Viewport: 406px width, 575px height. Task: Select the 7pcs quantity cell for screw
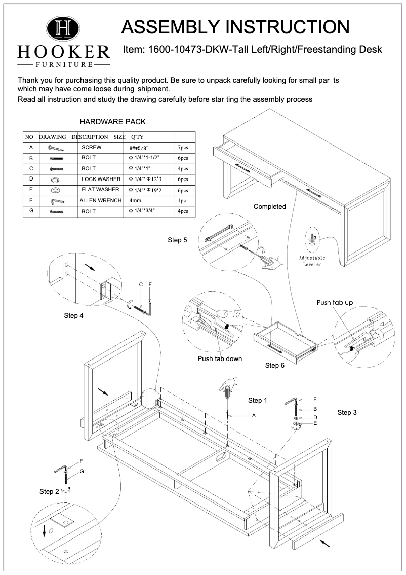click(x=182, y=147)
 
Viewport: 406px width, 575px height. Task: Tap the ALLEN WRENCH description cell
click(x=101, y=201)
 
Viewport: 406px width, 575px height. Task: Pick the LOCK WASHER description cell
click(x=101, y=179)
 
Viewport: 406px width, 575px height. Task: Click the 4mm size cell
click(x=135, y=201)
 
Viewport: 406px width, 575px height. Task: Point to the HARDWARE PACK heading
click(x=113, y=122)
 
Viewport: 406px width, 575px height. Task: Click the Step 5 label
click(x=177, y=240)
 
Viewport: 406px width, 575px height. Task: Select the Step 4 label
click(x=73, y=315)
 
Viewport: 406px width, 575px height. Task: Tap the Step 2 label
click(x=49, y=491)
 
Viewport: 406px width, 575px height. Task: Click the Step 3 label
click(x=347, y=412)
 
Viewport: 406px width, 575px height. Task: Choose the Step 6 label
click(x=274, y=365)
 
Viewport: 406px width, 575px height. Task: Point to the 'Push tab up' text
click(x=335, y=303)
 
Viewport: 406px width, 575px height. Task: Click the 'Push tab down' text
click(x=220, y=358)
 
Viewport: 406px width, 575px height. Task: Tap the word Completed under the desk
click(x=269, y=206)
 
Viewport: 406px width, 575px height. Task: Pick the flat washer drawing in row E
click(x=54, y=190)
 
